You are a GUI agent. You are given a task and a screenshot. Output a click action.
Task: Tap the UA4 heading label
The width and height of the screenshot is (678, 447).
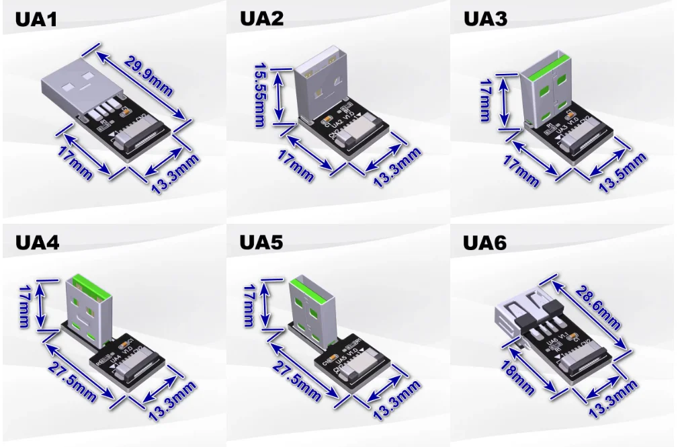(x=37, y=242)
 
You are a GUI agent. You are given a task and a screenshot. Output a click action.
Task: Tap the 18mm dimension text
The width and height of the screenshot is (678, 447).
(x=517, y=377)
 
